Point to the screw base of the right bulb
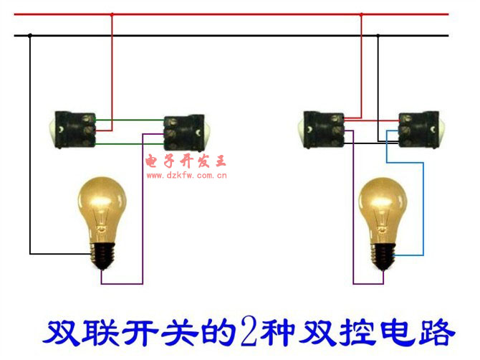coord(383,255)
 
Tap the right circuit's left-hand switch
coord(322,129)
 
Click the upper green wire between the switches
coord(129,120)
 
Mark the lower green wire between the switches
coord(129,143)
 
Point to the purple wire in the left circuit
coord(143,215)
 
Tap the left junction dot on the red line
coord(112,14)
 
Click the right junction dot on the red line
coord(361,14)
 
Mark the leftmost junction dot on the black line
coord(29,35)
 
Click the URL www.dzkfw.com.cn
coord(186,174)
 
